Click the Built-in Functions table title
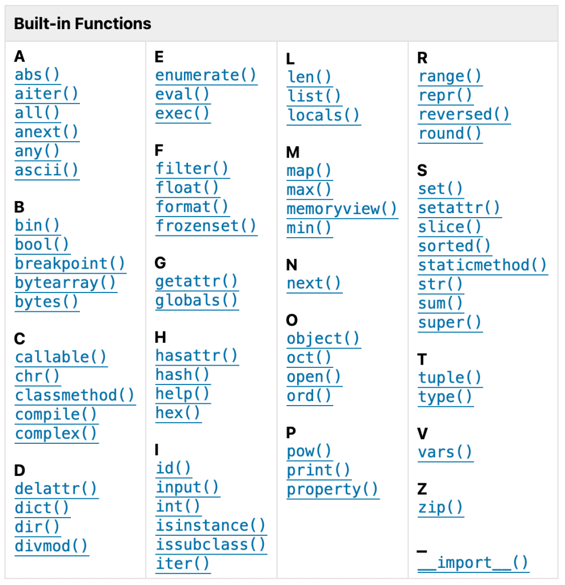[x=82, y=23]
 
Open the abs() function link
[x=37, y=75]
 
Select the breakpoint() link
[x=70, y=264]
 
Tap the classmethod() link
[x=75, y=395]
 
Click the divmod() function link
[x=51, y=546]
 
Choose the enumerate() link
[x=206, y=75]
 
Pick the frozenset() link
[x=206, y=226]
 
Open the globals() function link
[x=197, y=300]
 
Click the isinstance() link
[x=211, y=526]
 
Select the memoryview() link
[x=342, y=209]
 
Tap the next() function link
[x=314, y=283]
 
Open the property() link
[x=332, y=490]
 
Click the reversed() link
[x=464, y=114]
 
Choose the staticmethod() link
[x=483, y=265]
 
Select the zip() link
[x=440, y=508]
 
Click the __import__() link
[x=473, y=563]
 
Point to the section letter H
[x=161, y=337]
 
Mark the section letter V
[x=422, y=434]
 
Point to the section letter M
[x=293, y=152]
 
